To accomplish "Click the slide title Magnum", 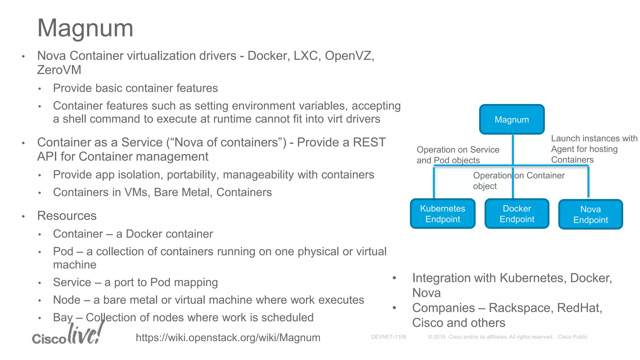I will click(85, 28).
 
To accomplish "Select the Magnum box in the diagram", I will click(512, 119).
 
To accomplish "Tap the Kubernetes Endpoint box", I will click(442, 214).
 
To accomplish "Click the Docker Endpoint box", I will click(517, 214).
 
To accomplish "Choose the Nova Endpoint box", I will click(590, 214).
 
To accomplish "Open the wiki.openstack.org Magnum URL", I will click(228, 337).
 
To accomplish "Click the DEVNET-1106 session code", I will click(388, 337).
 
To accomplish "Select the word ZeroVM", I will click(59, 70).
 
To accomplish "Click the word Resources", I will click(67, 216).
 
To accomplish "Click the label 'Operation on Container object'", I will click(519, 181).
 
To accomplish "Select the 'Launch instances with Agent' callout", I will click(594, 149).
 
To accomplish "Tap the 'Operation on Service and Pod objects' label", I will click(458, 155).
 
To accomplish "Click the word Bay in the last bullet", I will click(63, 317).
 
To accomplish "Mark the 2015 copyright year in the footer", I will click(439, 337).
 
